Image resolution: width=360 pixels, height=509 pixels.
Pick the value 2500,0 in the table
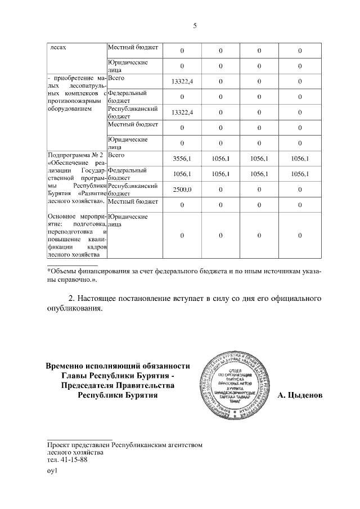(x=182, y=190)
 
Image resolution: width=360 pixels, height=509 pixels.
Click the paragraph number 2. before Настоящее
(x=71, y=297)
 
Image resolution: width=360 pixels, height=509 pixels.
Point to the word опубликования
(x=75, y=308)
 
